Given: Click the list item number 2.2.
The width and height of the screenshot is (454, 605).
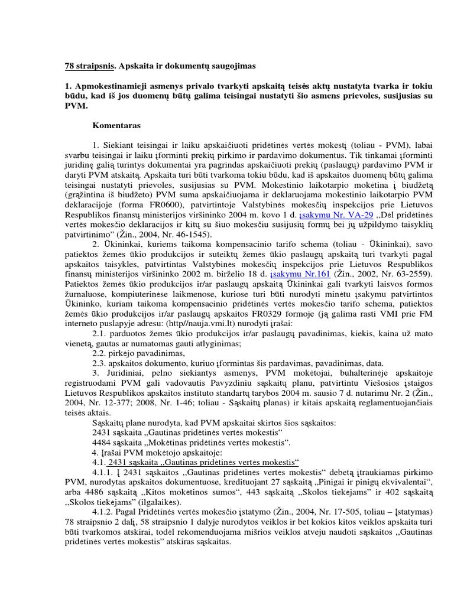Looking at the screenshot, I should [x=99, y=353].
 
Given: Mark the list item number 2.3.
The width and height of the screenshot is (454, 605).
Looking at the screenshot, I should [x=99, y=363].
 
